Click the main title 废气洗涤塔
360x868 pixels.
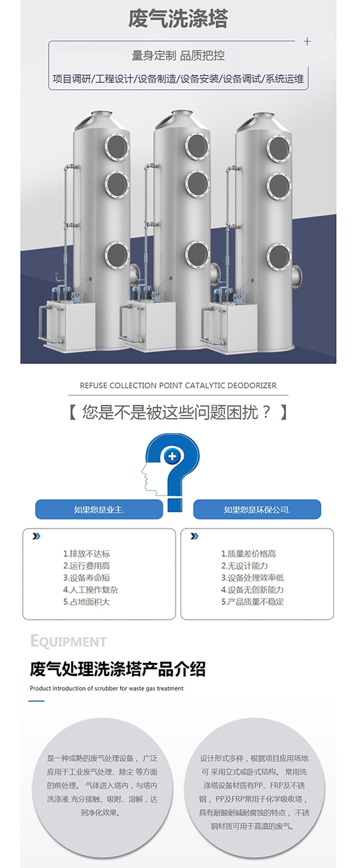pyautogui.click(x=178, y=19)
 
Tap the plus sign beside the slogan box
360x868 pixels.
pyautogui.click(x=307, y=41)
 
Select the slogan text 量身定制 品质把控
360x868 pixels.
pyautogui.click(x=178, y=56)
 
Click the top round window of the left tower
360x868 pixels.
pyautogui.click(x=117, y=147)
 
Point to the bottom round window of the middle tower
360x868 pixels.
pyautogui.click(x=197, y=254)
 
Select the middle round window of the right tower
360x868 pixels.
pyautogui.click(x=278, y=186)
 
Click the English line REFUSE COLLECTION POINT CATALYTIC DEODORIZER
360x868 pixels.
pyautogui.click(x=178, y=385)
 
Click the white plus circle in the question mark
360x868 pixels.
pyautogui.click(x=172, y=456)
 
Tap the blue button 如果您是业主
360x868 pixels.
pyautogui.click(x=99, y=509)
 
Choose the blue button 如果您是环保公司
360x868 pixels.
pyautogui.click(x=257, y=509)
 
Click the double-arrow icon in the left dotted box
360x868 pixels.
pyautogui.click(x=36, y=536)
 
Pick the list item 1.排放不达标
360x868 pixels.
pyautogui.click(x=86, y=554)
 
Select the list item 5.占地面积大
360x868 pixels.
pyautogui.click(x=86, y=602)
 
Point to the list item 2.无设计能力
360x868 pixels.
pyautogui.click(x=245, y=566)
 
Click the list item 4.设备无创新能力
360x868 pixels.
pyautogui.click(x=252, y=590)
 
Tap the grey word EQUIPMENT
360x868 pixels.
pyautogui.click(x=68, y=641)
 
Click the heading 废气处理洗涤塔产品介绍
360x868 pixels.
pyautogui.click(x=118, y=669)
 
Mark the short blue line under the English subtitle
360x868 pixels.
pyautogui.click(x=36, y=701)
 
